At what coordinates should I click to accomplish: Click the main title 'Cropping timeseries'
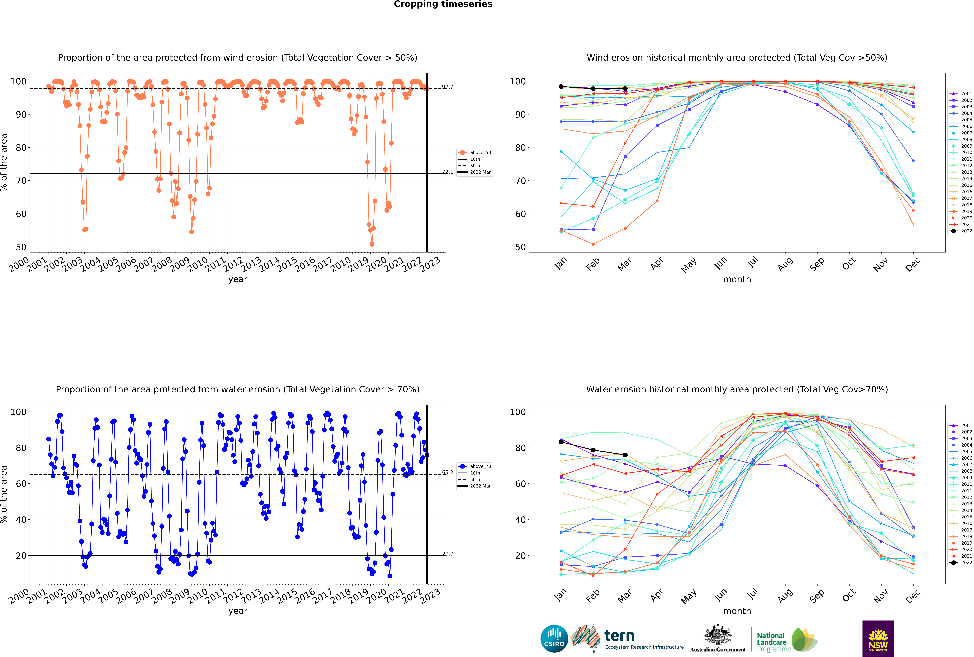(x=443, y=4)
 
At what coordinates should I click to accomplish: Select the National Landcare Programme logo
(x=787, y=640)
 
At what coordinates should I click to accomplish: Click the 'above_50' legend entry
(x=475, y=153)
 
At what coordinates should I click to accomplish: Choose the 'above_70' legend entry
(x=475, y=466)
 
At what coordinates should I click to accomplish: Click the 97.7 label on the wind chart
(x=448, y=87)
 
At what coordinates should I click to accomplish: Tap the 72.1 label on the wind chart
(x=448, y=172)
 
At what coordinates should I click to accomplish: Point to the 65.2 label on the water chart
(x=448, y=473)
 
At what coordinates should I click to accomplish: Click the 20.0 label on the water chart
(x=448, y=554)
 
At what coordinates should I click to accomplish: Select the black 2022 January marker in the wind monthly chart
(x=561, y=87)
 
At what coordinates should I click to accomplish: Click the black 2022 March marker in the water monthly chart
(x=625, y=455)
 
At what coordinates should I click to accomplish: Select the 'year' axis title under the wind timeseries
(x=238, y=280)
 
